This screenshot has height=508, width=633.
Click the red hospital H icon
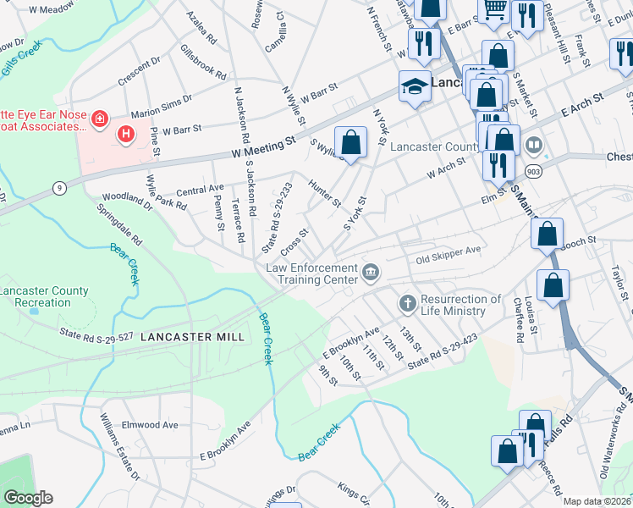pos(126,134)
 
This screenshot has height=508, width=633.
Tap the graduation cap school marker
pos(415,87)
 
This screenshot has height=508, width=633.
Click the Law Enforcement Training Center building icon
pos(371,272)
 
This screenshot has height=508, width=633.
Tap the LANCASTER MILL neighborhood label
pos(192,337)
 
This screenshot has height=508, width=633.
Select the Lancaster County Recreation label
pos(44,296)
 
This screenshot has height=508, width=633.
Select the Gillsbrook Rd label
pos(203,62)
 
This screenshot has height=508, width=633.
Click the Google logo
pos(28,498)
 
